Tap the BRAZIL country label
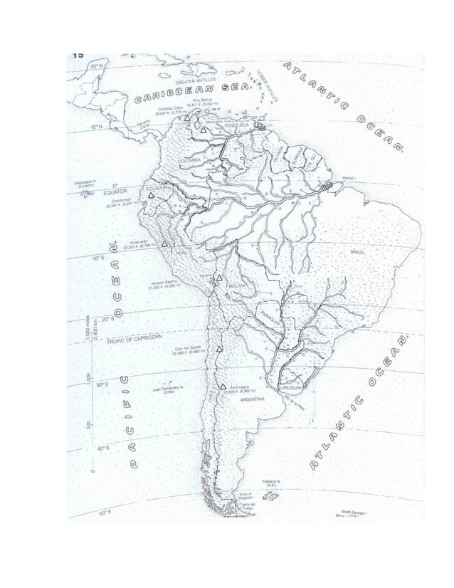358,252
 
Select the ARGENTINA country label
253,401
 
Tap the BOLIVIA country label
237,285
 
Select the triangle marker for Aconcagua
223,385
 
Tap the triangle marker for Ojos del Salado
219,350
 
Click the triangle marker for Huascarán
164,244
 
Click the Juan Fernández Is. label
169,389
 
